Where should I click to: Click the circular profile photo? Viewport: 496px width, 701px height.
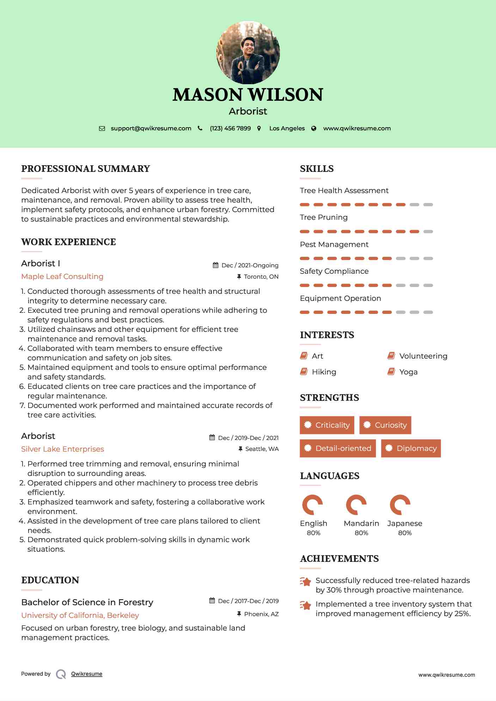coord(248,52)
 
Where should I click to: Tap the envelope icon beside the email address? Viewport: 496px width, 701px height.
coord(102,129)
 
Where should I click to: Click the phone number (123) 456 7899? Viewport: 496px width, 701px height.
coord(230,129)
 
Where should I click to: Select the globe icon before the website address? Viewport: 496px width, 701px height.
coord(314,129)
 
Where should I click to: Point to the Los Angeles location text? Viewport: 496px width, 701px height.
coord(287,129)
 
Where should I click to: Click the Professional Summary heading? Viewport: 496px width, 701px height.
coord(86,169)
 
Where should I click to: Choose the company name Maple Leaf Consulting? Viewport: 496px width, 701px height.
coord(62,277)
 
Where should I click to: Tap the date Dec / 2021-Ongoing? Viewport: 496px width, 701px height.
coord(250,266)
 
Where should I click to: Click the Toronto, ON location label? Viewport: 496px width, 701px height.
coord(261,277)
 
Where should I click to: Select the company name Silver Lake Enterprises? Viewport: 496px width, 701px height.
coord(63,449)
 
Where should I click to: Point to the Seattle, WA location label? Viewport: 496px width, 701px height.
coord(262,449)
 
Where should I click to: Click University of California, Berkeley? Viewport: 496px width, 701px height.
coord(80,615)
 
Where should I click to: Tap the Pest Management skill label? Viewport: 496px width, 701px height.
coord(334,244)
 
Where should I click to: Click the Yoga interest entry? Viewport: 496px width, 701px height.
coord(408,372)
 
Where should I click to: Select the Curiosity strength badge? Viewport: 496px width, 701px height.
coord(385,425)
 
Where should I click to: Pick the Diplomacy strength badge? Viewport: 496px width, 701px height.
coord(411,448)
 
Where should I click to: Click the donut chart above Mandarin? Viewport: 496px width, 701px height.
coord(356,505)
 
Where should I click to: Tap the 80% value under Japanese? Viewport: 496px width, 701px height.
coord(405,533)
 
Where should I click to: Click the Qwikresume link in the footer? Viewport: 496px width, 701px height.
coord(87,674)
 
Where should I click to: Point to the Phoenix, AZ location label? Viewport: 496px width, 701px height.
coord(261,614)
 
